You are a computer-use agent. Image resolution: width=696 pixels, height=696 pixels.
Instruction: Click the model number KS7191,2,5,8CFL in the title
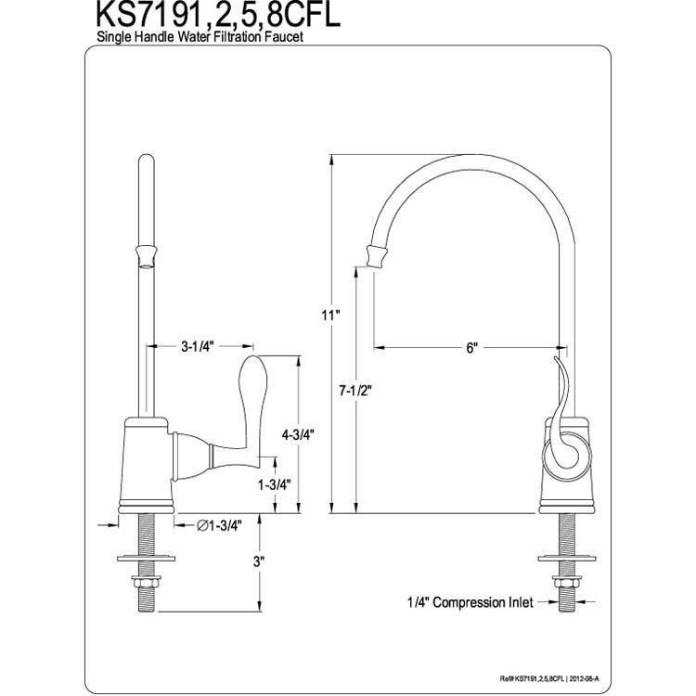218,15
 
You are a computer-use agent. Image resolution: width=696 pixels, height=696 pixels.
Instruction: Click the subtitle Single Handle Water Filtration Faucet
200,36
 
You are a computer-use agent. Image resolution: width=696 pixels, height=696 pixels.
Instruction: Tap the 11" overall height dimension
330,316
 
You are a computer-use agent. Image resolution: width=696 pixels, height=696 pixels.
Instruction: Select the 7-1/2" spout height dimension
355,391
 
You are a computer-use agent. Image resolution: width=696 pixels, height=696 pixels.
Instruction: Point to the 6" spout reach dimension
471,347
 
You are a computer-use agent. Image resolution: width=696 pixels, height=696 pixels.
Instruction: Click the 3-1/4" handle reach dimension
198,346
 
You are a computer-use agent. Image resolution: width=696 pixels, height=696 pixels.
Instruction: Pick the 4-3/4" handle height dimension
298,434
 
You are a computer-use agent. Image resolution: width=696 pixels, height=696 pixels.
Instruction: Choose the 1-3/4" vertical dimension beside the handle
275,485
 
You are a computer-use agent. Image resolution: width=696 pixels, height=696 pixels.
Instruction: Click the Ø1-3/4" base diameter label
219,525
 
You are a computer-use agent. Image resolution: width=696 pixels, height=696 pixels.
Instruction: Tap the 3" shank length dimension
258,562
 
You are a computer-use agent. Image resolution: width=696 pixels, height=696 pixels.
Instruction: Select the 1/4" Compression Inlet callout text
470,602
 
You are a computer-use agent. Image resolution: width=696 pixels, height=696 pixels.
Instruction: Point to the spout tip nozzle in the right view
377,256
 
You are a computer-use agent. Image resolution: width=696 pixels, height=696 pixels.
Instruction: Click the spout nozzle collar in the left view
147,256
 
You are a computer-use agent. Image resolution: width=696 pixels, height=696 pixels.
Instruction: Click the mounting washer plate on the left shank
146,557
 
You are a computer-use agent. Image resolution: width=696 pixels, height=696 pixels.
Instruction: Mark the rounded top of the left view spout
147,159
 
